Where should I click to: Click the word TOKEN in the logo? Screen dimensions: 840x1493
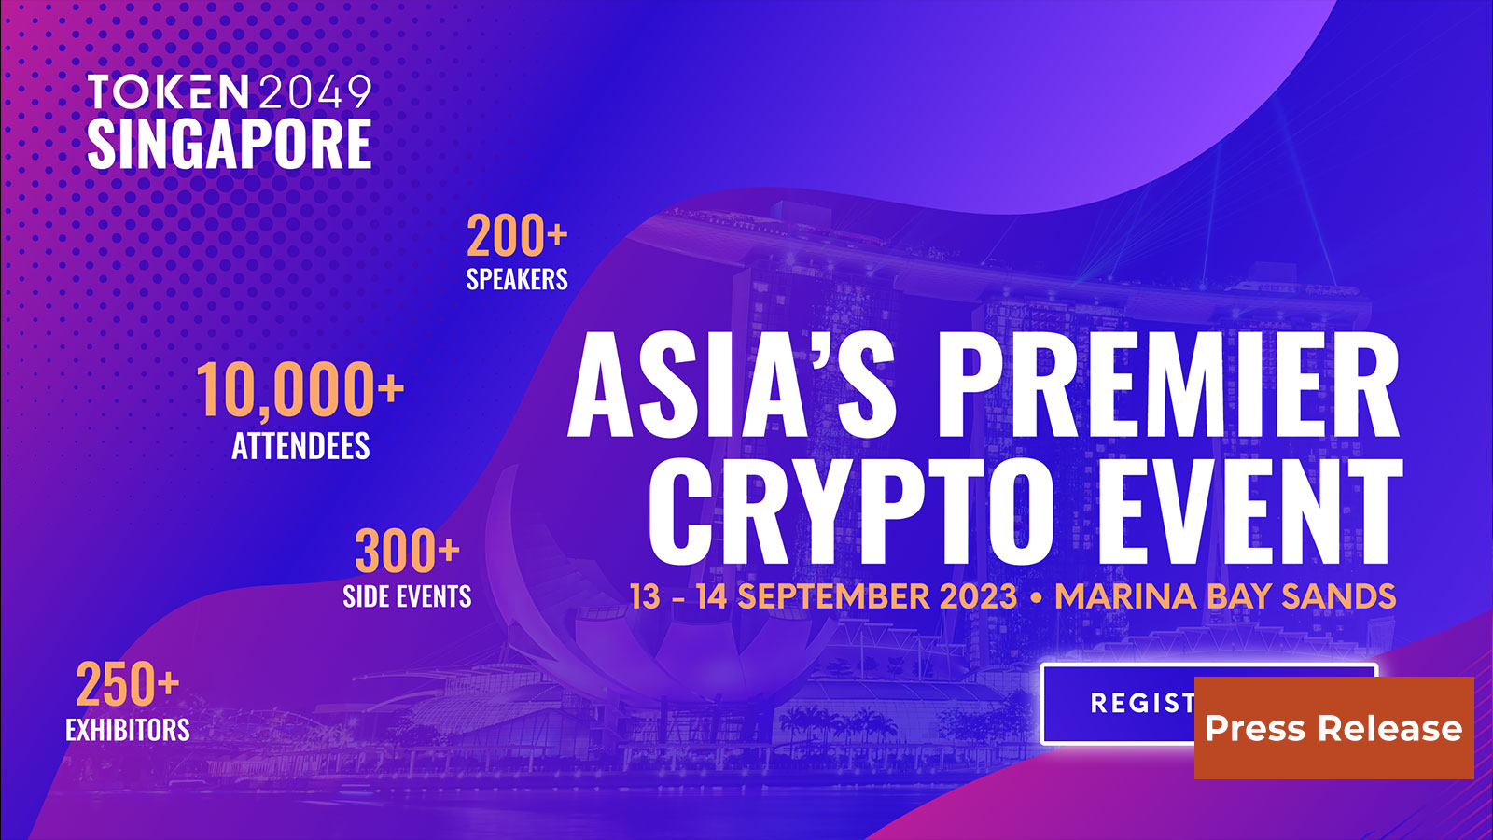pos(168,92)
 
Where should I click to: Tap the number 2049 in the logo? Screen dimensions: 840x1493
pos(315,92)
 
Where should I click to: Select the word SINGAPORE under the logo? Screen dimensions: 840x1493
pos(230,144)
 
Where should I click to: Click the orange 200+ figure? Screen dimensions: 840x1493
pos(517,236)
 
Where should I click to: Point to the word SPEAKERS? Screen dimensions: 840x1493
pos(517,279)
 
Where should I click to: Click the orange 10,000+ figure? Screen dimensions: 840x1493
pos(300,390)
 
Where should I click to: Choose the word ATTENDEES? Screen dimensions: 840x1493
pos(300,446)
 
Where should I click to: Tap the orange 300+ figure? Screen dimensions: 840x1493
pos(407,552)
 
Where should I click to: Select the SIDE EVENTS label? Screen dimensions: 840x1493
pos(407,596)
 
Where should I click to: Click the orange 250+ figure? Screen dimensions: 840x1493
pos(127,685)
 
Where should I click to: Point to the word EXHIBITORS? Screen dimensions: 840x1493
pos(128,730)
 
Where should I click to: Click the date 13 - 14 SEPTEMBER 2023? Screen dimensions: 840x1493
pos(823,596)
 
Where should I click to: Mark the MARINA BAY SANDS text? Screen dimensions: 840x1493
pos(1225,596)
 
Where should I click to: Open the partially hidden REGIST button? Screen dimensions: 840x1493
pos(1120,703)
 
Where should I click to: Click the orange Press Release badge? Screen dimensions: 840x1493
pos(1333,728)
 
